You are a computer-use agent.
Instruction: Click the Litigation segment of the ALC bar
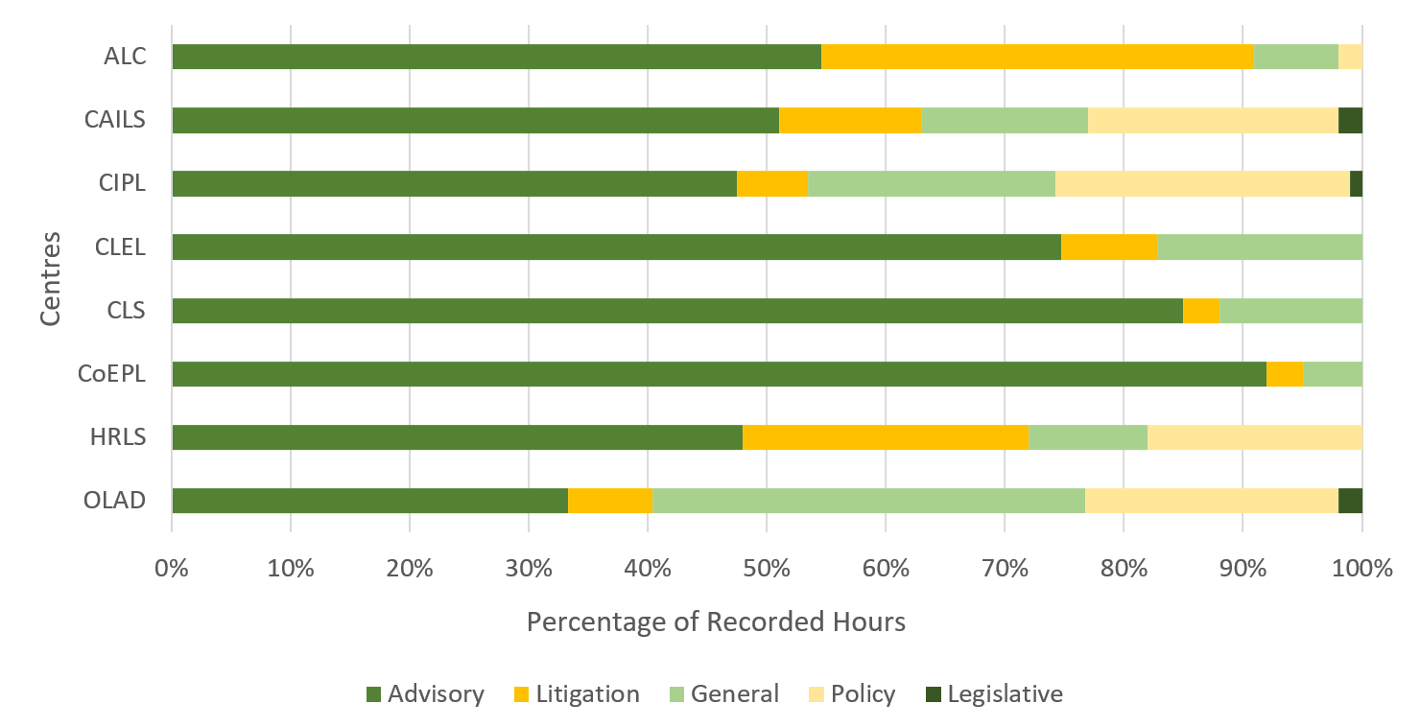tap(1037, 57)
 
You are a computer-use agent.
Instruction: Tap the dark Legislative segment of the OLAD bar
tap(1350, 501)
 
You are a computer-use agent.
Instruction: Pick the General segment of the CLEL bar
tap(1259, 247)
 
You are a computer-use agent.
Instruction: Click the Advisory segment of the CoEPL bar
tap(719, 374)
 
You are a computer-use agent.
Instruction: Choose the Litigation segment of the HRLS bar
tap(885, 437)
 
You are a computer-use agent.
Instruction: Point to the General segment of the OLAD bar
tap(868, 501)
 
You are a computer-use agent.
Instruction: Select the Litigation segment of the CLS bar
tap(1200, 311)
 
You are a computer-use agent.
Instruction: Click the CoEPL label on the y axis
tap(112, 374)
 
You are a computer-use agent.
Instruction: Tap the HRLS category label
tap(118, 437)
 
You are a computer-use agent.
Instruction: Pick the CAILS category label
tap(115, 120)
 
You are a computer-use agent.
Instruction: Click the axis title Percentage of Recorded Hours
tap(716, 622)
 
